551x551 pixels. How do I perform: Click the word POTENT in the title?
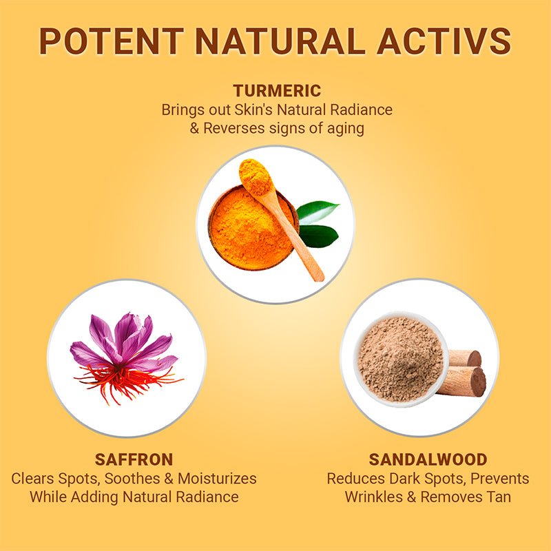point(112,41)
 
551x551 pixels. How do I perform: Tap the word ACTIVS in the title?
point(444,41)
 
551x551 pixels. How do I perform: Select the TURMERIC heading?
point(277,91)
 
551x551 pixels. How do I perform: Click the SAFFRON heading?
point(134,459)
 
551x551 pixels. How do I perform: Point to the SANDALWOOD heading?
point(428,459)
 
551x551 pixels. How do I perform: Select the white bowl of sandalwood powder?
point(401,358)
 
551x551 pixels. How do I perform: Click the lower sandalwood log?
point(462,382)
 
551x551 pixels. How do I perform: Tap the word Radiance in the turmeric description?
point(361,110)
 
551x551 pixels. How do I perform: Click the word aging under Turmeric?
point(346,129)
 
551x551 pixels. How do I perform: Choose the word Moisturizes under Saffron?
point(217,479)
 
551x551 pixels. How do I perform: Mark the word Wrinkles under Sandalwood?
point(373,497)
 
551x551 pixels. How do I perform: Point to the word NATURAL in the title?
point(280,41)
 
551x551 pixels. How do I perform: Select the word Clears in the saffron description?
point(32,479)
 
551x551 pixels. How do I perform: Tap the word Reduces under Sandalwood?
point(356,479)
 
